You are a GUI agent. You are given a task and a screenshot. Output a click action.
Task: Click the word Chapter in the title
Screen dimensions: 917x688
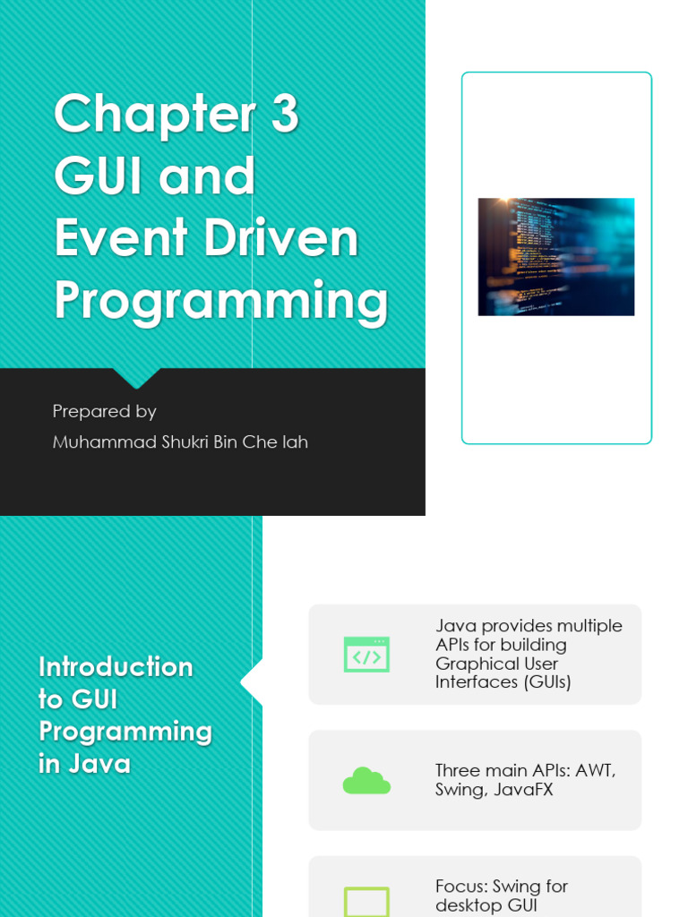click(x=151, y=115)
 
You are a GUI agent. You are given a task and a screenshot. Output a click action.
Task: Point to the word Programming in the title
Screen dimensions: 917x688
click(x=220, y=302)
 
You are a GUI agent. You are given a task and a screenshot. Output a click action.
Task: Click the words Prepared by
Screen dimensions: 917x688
click(x=104, y=411)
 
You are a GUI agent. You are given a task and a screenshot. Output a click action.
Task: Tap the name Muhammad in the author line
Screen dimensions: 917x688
click(x=105, y=441)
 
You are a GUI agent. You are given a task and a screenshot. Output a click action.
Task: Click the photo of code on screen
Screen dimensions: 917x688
click(x=555, y=257)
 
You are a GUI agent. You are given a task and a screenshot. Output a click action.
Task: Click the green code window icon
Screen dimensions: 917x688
click(x=366, y=655)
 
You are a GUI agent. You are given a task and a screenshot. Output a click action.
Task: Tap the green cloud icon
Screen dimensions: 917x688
click(x=366, y=781)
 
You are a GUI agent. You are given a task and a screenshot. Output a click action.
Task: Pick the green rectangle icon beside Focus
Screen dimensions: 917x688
click(x=366, y=902)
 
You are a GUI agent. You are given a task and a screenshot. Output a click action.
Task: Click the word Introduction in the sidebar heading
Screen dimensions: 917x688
click(x=116, y=667)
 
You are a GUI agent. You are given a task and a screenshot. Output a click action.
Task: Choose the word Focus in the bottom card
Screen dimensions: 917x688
click(x=464, y=886)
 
